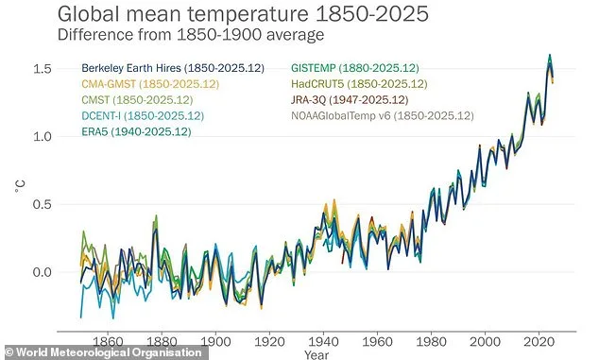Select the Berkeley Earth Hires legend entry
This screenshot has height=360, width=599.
(166, 68)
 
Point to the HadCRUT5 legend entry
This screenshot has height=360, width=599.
(364, 84)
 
